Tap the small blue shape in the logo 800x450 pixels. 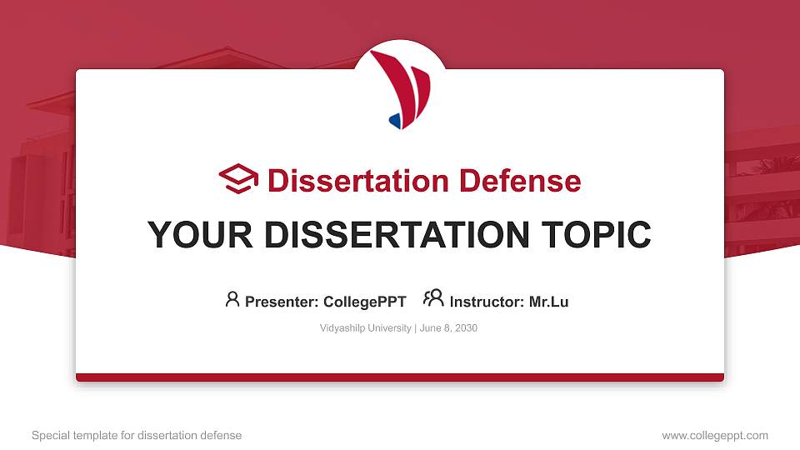(x=395, y=121)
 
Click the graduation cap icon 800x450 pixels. (x=238, y=178)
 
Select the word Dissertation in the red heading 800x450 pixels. (x=358, y=181)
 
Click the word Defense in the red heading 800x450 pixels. (x=520, y=181)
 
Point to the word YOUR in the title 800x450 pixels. (x=199, y=235)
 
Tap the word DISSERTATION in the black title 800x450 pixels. (x=397, y=235)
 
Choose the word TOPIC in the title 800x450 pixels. (x=596, y=235)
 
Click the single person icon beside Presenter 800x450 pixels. (x=232, y=299)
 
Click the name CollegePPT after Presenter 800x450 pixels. (x=365, y=302)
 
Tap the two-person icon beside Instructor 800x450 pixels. (x=433, y=298)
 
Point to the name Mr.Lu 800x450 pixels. (x=548, y=302)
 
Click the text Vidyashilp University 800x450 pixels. (x=365, y=328)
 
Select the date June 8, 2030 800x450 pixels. (x=448, y=328)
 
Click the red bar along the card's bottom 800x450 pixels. (x=400, y=377)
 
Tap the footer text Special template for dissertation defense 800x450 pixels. (x=137, y=435)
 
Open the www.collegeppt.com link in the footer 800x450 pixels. (x=715, y=435)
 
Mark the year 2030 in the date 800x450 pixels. (x=466, y=328)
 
